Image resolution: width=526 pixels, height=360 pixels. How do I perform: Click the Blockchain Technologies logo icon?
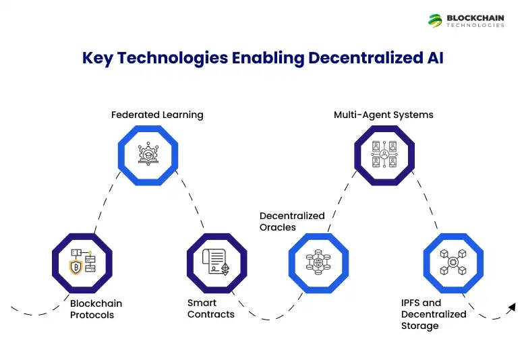pos(435,20)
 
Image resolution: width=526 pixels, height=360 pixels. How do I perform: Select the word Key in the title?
pos(97,58)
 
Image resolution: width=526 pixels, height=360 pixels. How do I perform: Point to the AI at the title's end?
pos(434,58)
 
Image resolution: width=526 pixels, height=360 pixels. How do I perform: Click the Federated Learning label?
pos(157,115)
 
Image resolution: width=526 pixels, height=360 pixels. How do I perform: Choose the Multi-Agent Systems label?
pos(384,115)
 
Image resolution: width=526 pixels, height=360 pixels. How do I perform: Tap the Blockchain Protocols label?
pos(96,309)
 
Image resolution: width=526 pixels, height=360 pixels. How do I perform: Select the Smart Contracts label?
pos(211,309)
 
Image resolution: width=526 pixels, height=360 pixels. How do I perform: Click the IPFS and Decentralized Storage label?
pos(434,314)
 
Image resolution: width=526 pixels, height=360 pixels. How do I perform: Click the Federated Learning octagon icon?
pos(148,154)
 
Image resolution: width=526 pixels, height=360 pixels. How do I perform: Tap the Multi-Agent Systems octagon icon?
pos(384,154)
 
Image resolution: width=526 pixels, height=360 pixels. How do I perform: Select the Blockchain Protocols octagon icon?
pos(82,262)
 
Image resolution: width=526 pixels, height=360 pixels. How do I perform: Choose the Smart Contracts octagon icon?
pos(216,262)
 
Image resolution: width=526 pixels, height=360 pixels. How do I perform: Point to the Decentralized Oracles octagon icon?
pos(318,262)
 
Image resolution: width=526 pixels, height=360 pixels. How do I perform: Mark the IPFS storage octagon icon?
pos(453,262)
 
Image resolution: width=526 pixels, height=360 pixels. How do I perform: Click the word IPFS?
pos(411,303)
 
